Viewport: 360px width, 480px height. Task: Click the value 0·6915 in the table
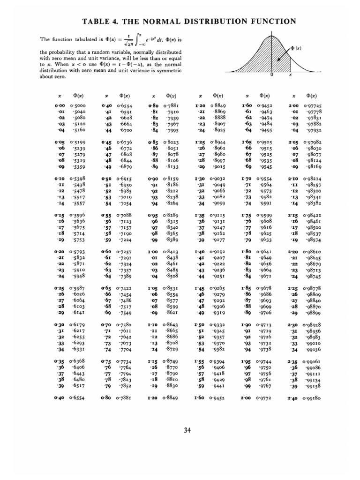coord(124,179)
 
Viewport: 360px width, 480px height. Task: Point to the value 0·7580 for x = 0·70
coord(124,323)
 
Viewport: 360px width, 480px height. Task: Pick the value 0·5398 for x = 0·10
coord(78,179)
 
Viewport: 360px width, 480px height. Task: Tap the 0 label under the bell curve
coord(272,75)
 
